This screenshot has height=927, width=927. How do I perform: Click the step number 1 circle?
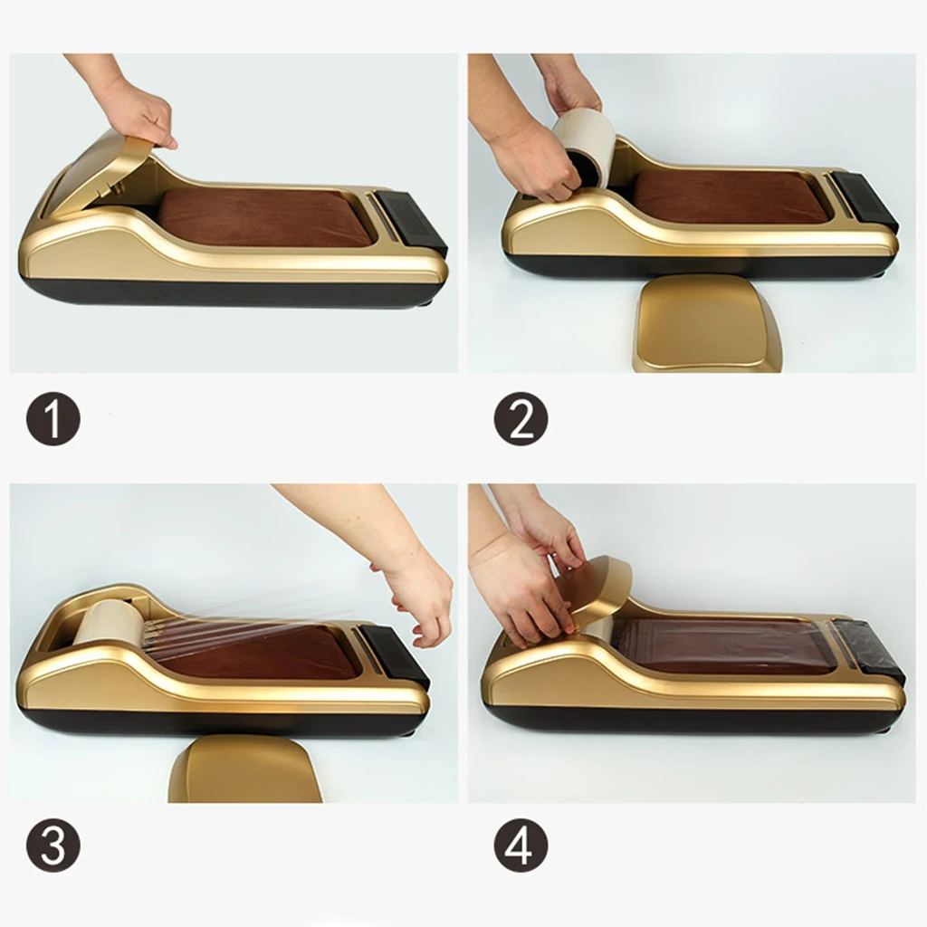point(53,418)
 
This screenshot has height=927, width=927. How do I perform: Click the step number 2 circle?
point(521,418)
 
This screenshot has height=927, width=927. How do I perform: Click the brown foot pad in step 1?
point(263,217)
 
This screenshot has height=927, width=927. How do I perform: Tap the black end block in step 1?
point(412,222)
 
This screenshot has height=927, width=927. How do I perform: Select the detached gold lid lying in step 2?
point(706,326)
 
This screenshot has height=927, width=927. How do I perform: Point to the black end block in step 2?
point(865,199)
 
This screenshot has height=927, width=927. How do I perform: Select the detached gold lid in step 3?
point(244,769)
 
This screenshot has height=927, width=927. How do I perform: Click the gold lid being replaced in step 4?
point(602,588)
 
